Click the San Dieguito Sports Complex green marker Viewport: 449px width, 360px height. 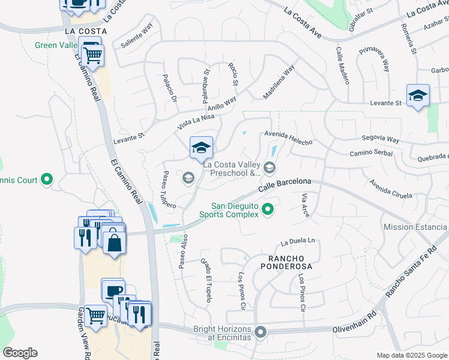point(268,210)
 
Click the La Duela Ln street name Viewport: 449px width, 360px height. point(298,242)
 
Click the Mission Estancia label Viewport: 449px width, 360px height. point(415,227)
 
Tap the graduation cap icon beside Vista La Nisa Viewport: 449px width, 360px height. point(201,147)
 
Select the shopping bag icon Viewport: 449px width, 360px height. point(114,243)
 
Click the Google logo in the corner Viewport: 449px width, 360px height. point(19,353)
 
